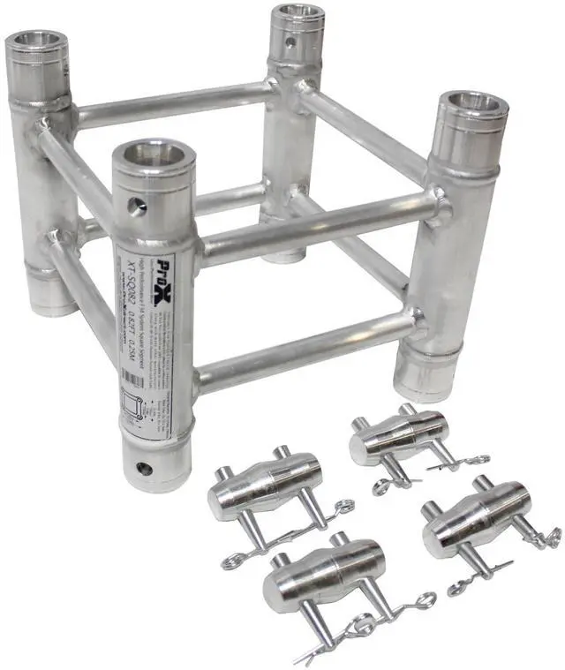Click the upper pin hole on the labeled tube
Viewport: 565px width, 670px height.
(135, 207)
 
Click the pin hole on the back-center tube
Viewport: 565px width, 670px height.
(290, 42)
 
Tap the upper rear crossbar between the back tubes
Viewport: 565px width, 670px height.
(172, 104)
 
